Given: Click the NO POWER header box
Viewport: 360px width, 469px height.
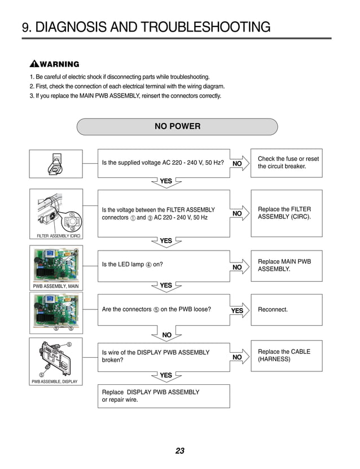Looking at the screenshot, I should (x=177, y=126).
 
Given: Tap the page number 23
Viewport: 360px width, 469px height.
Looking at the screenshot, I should (x=180, y=451).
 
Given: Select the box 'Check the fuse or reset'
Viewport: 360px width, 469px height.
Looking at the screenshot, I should (x=286, y=163).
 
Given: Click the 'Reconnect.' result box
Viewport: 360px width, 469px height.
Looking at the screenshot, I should (x=286, y=310).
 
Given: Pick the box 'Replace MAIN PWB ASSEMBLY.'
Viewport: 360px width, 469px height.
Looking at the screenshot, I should (x=286, y=265).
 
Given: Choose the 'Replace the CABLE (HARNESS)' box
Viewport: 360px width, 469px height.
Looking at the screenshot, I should (x=286, y=356).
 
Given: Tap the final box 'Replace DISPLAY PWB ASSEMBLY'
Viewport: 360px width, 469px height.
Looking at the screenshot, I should (x=164, y=396).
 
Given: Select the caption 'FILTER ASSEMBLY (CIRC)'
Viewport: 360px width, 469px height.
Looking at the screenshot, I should (x=55, y=236).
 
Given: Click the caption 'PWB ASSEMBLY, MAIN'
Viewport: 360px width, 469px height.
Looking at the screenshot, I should (x=55, y=287).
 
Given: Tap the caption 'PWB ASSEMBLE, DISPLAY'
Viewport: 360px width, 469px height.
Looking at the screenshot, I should (x=55, y=382).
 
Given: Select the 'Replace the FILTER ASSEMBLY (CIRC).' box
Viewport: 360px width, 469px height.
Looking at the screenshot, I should (x=286, y=213).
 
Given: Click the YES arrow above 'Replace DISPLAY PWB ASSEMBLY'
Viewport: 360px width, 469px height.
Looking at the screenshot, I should (x=166, y=375).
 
